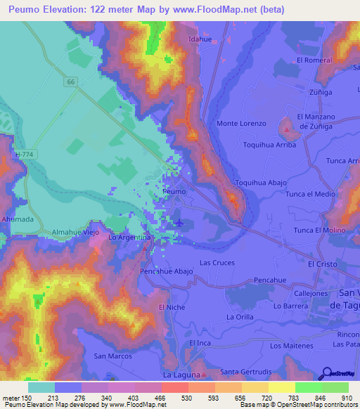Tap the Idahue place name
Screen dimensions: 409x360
(200, 39)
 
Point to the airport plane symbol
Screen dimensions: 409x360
(179, 223)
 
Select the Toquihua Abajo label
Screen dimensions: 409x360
(260, 182)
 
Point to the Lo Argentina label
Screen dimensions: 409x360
(129, 238)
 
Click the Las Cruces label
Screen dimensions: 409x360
(217, 262)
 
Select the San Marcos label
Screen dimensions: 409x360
(113, 356)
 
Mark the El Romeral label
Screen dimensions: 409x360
(314, 60)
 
